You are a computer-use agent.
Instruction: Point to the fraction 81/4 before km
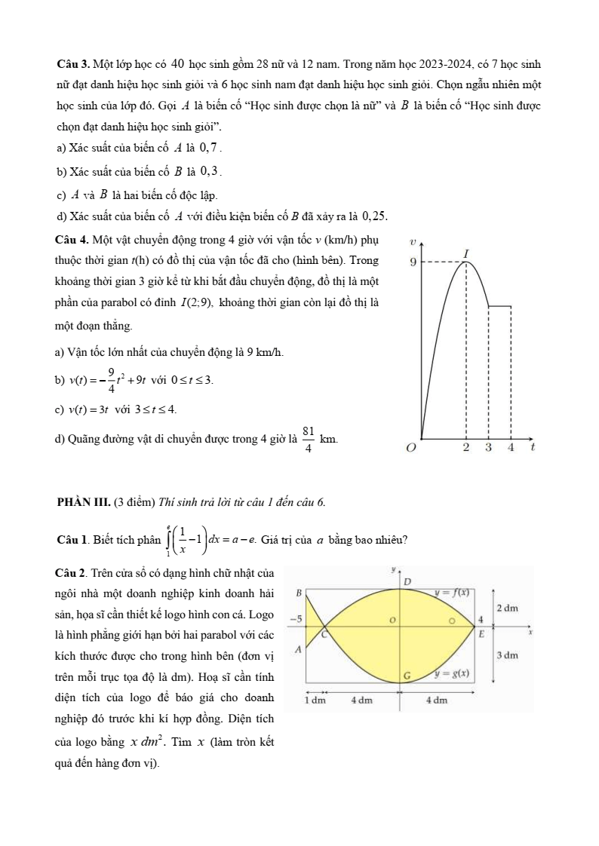[308, 438]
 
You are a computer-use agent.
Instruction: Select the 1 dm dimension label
[312, 699]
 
